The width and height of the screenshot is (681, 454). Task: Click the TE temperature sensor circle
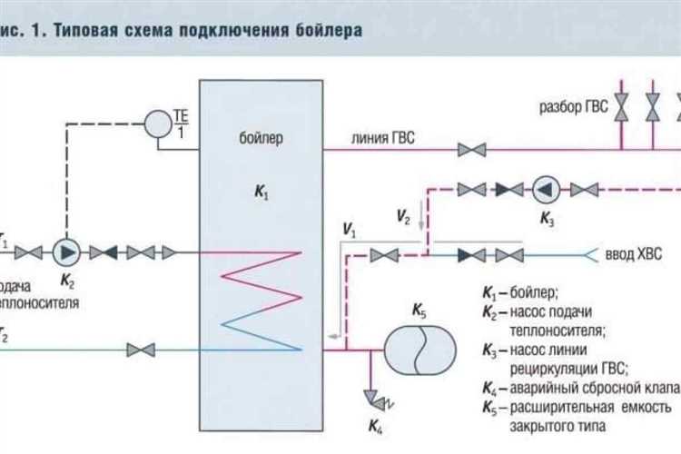(x=161, y=123)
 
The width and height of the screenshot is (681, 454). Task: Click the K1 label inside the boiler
(x=262, y=193)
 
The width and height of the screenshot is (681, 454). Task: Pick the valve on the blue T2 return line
(x=140, y=349)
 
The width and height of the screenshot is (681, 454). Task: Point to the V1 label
(x=350, y=232)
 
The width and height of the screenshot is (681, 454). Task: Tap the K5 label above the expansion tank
(x=419, y=311)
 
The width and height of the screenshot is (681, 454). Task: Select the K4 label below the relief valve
(x=375, y=424)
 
